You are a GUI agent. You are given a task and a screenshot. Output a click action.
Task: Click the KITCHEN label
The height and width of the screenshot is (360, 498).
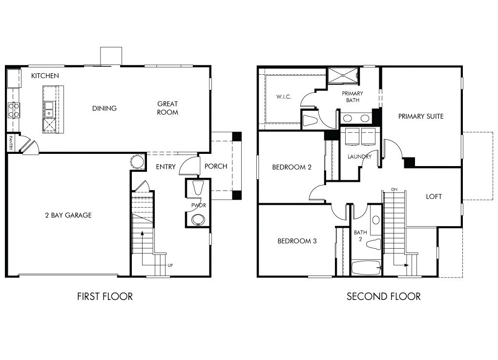45,76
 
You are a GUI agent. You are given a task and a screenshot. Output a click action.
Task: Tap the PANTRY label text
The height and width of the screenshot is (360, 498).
11,143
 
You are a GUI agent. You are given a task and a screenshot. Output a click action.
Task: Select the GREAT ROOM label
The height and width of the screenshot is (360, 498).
167,108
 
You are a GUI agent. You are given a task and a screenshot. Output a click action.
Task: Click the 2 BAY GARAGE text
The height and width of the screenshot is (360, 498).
68,215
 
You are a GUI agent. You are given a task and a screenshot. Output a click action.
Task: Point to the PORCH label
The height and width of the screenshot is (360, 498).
216,166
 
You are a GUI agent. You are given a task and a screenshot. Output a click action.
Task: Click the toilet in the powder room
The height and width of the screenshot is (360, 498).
198,188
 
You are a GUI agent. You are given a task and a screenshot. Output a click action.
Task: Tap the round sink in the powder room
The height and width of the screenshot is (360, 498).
199,220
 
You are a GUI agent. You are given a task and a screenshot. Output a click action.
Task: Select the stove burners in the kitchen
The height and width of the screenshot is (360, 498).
14,110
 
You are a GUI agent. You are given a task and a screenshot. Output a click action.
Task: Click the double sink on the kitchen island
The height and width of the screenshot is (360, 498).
49,109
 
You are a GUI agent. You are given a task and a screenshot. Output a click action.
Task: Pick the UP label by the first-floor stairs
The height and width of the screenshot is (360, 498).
170,265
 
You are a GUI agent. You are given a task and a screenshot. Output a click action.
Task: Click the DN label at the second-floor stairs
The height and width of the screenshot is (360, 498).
394,190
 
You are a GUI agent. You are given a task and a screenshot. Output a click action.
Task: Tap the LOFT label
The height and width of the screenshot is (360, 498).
434,197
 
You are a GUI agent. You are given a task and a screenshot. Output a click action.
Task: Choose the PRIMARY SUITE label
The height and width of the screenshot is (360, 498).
421,116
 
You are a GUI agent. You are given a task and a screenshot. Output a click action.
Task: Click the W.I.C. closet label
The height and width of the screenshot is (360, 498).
284,97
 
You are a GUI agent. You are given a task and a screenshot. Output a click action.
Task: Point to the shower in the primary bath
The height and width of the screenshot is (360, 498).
343,75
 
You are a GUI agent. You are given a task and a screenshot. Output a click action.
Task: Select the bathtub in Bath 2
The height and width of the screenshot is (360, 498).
366,268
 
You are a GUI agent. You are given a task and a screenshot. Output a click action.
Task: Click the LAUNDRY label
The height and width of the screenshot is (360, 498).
359,157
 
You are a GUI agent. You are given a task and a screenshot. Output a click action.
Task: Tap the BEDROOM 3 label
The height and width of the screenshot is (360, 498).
297,241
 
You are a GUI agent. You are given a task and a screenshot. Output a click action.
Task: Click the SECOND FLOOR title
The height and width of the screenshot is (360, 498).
384,296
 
